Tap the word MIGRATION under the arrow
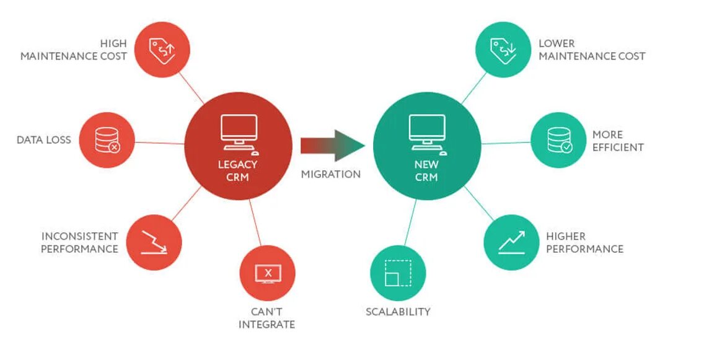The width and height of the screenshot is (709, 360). pos(331,174)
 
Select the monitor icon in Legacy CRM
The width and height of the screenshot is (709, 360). pos(239,131)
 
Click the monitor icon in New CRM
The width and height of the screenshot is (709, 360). pos(427,131)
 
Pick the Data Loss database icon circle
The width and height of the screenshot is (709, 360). pos(107,140)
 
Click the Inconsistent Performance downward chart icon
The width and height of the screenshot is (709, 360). pos(154,242)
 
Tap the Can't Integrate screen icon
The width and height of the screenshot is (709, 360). pos(268,273)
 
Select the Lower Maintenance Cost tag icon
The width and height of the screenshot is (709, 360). pos(503,50)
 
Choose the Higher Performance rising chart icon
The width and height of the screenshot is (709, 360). pos(511,242)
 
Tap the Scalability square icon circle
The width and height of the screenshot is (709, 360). pos(398,273)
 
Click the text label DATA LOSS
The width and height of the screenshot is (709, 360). pos(44,140)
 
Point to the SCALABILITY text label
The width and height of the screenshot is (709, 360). pos(398,312)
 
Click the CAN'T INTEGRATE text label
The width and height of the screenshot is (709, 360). pos(266,318)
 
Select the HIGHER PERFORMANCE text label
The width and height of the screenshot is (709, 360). pos(584,242)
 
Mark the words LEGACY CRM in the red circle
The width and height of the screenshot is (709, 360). pos(237,171)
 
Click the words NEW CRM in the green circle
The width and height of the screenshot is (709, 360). pos(426,171)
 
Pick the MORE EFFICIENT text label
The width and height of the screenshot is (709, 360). pos(617,141)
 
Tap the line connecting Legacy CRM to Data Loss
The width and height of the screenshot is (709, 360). pos(160,143)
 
